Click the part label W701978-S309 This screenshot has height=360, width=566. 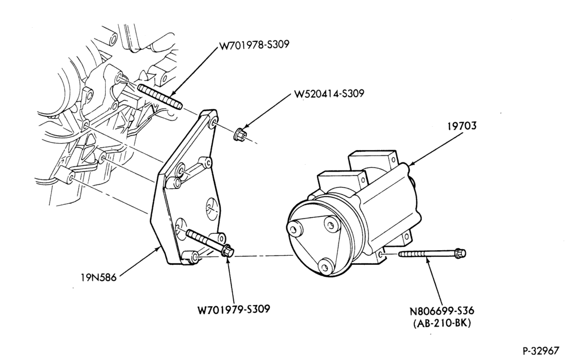coord(254,45)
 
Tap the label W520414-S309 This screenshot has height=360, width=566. coord(329,93)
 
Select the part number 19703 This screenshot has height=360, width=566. coord(462,126)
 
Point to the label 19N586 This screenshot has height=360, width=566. coord(98,278)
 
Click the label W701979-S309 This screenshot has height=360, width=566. coord(234,310)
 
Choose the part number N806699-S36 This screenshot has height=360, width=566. coord(441,311)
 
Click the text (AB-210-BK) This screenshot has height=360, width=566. coord(442,323)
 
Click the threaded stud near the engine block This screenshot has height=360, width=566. coord(159,97)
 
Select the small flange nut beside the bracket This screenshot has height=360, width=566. coord(239,134)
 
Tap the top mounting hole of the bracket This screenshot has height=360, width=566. coord(213,125)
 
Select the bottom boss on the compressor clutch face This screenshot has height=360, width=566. coord(326,267)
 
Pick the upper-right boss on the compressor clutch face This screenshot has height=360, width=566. coord(331,224)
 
